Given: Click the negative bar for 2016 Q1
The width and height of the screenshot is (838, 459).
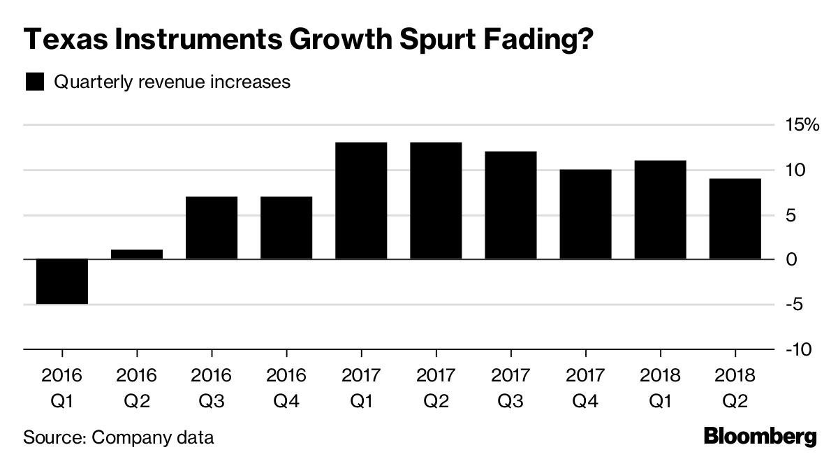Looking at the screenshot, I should coord(62,282).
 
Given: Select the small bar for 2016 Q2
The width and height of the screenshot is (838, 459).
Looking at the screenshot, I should coord(137,254).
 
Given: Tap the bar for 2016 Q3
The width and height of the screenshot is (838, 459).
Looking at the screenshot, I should coord(212,228).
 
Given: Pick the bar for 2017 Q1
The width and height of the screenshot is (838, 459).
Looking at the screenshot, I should coord(361,201).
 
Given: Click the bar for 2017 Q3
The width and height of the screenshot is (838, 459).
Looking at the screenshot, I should coord(510,205).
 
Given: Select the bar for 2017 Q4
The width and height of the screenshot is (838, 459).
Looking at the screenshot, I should coord(585,214).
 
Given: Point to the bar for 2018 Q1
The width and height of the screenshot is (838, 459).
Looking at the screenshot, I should coord(660,210).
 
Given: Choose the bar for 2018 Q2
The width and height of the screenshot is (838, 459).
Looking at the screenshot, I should coord(735,219).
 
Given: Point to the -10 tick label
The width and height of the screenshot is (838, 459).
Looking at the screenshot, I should coord(797,349).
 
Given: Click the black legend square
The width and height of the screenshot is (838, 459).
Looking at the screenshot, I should coord(34,82).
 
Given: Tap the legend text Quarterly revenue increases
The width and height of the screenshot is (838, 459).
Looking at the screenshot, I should coord(172,82).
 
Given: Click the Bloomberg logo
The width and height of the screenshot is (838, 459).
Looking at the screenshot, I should coord(760,437).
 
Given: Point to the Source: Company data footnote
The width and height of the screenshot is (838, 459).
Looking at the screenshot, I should coord(118,438).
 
